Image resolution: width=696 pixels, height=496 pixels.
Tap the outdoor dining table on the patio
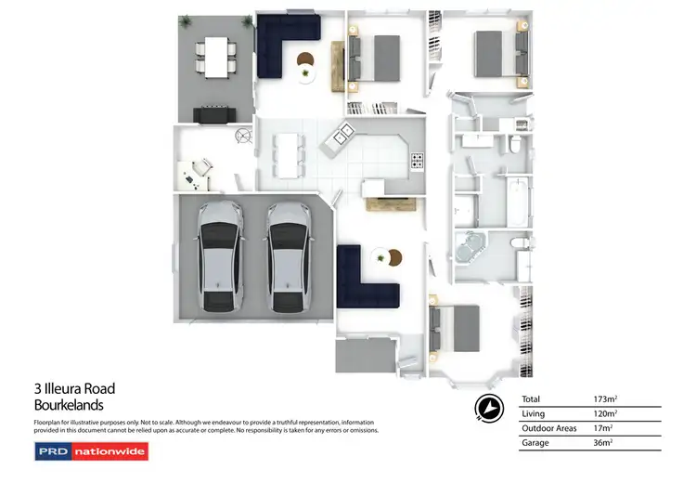tap(218, 57)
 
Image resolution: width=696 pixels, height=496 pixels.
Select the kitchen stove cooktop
tap(418, 162)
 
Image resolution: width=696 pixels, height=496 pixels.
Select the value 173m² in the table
tap(605, 398)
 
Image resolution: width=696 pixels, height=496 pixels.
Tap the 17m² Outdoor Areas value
tap(603, 428)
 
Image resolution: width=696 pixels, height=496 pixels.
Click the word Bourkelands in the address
tap(69, 405)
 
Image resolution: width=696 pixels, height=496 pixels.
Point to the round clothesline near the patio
tap(242, 136)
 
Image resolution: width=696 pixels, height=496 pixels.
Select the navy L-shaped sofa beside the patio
tap(284, 44)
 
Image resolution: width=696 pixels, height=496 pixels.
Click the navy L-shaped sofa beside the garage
tap(364, 281)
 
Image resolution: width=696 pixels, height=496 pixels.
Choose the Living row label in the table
tap(535, 413)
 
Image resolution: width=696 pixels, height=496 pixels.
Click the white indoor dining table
tap(290, 154)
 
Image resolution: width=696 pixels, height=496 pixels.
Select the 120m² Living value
tap(605, 413)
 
